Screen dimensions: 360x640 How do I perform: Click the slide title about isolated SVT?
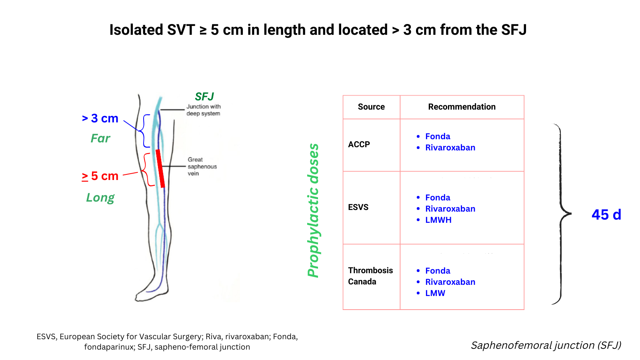pos(318,30)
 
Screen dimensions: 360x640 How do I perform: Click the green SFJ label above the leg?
pos(204,97)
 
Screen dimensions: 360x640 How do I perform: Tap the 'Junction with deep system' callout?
pos(203,110)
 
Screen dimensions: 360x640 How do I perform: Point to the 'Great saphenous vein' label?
pos(202,166)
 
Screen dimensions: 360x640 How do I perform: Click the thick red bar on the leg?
pos(160,168)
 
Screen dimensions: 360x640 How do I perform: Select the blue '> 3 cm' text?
pos(100,118)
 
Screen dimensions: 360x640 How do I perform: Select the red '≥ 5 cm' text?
pos(100,176)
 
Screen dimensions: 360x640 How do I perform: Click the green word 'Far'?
pos(100,138)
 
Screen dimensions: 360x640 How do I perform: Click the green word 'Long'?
pos(100,198)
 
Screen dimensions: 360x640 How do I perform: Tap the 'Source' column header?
pos(371,107)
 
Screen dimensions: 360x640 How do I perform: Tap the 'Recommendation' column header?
pos(462,107)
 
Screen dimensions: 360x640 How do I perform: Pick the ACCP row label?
pos(359,144)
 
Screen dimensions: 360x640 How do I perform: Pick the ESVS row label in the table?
pos(358,207)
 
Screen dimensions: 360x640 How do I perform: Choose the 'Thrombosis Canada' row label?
pos(370,276)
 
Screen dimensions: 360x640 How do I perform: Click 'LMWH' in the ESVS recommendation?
pos(438,220)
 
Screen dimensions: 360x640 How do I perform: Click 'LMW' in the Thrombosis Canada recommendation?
pos(435,293)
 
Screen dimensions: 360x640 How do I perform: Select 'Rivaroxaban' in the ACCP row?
pos(450,148)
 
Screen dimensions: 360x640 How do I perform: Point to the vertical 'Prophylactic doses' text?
pos(313,210)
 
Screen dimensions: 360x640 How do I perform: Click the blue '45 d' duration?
pos(606,215)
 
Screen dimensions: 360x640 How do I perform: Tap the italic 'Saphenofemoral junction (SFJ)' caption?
pos(546,345)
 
